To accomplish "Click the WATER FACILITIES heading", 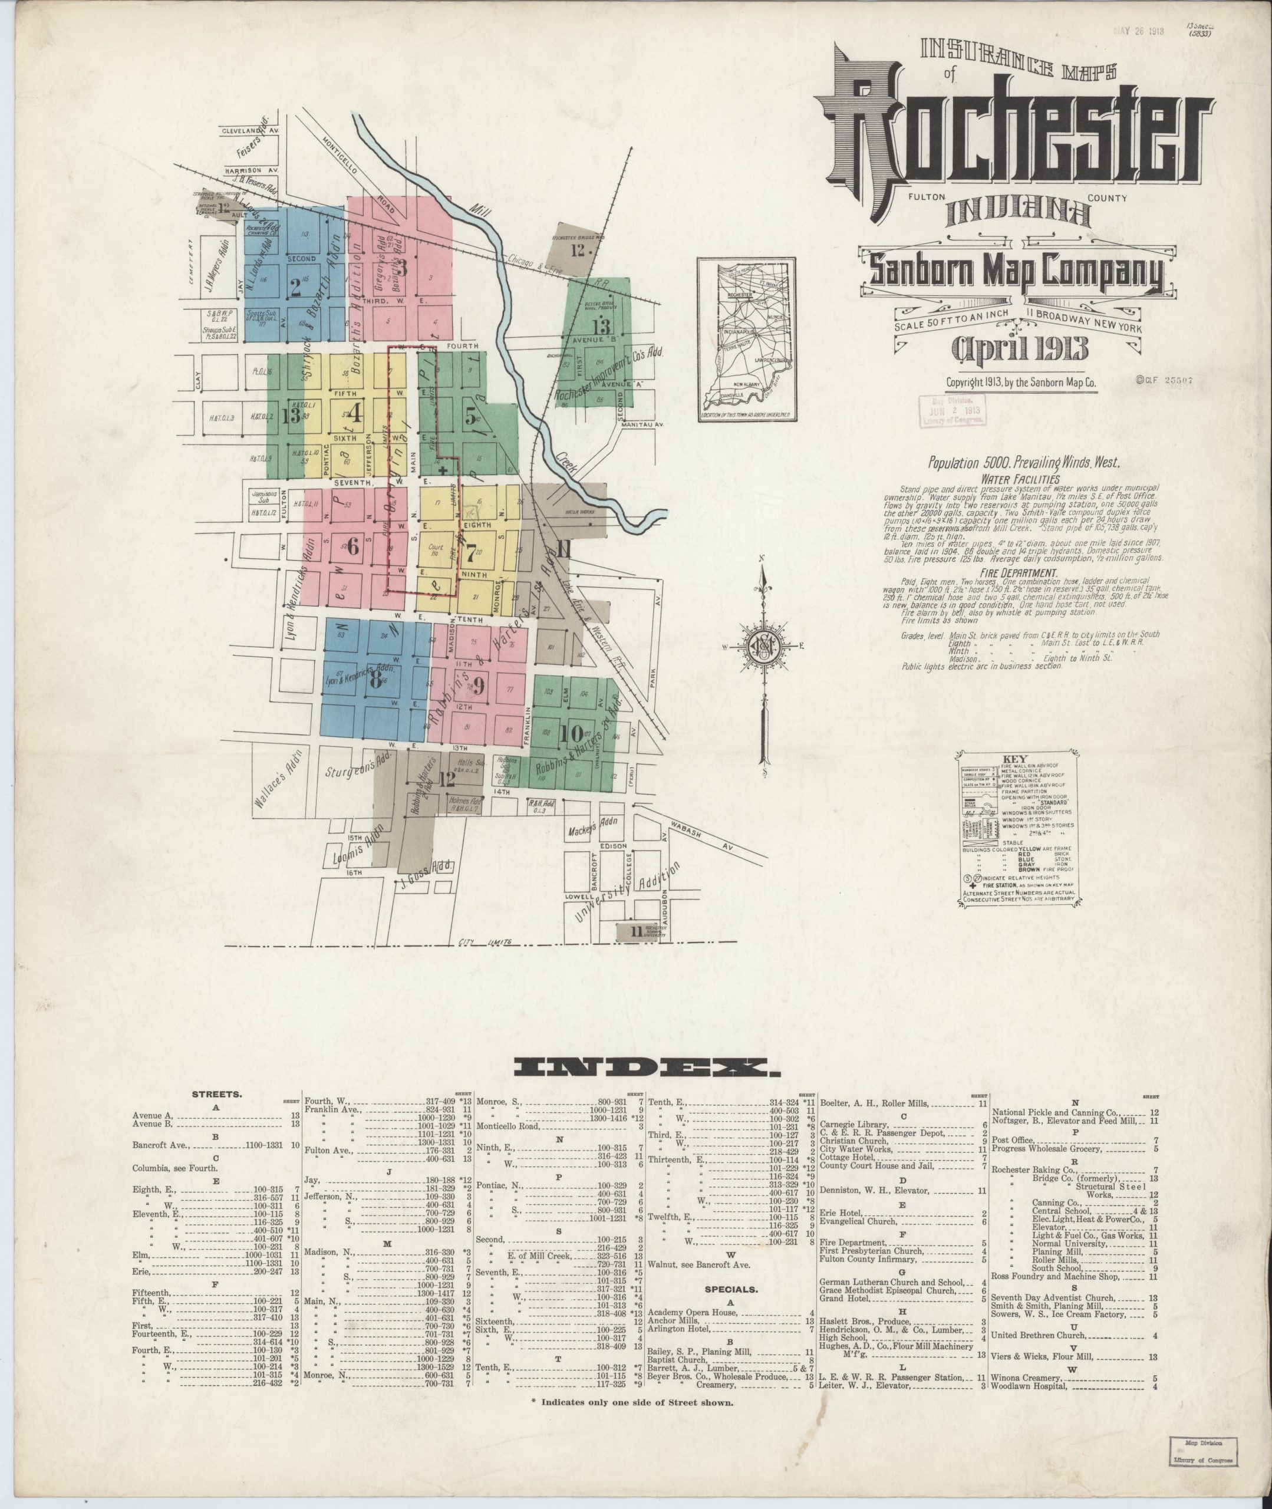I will click(1018, 479).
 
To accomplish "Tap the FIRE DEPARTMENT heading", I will click(1018, 573).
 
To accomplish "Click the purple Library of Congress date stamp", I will click(953, 411).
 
